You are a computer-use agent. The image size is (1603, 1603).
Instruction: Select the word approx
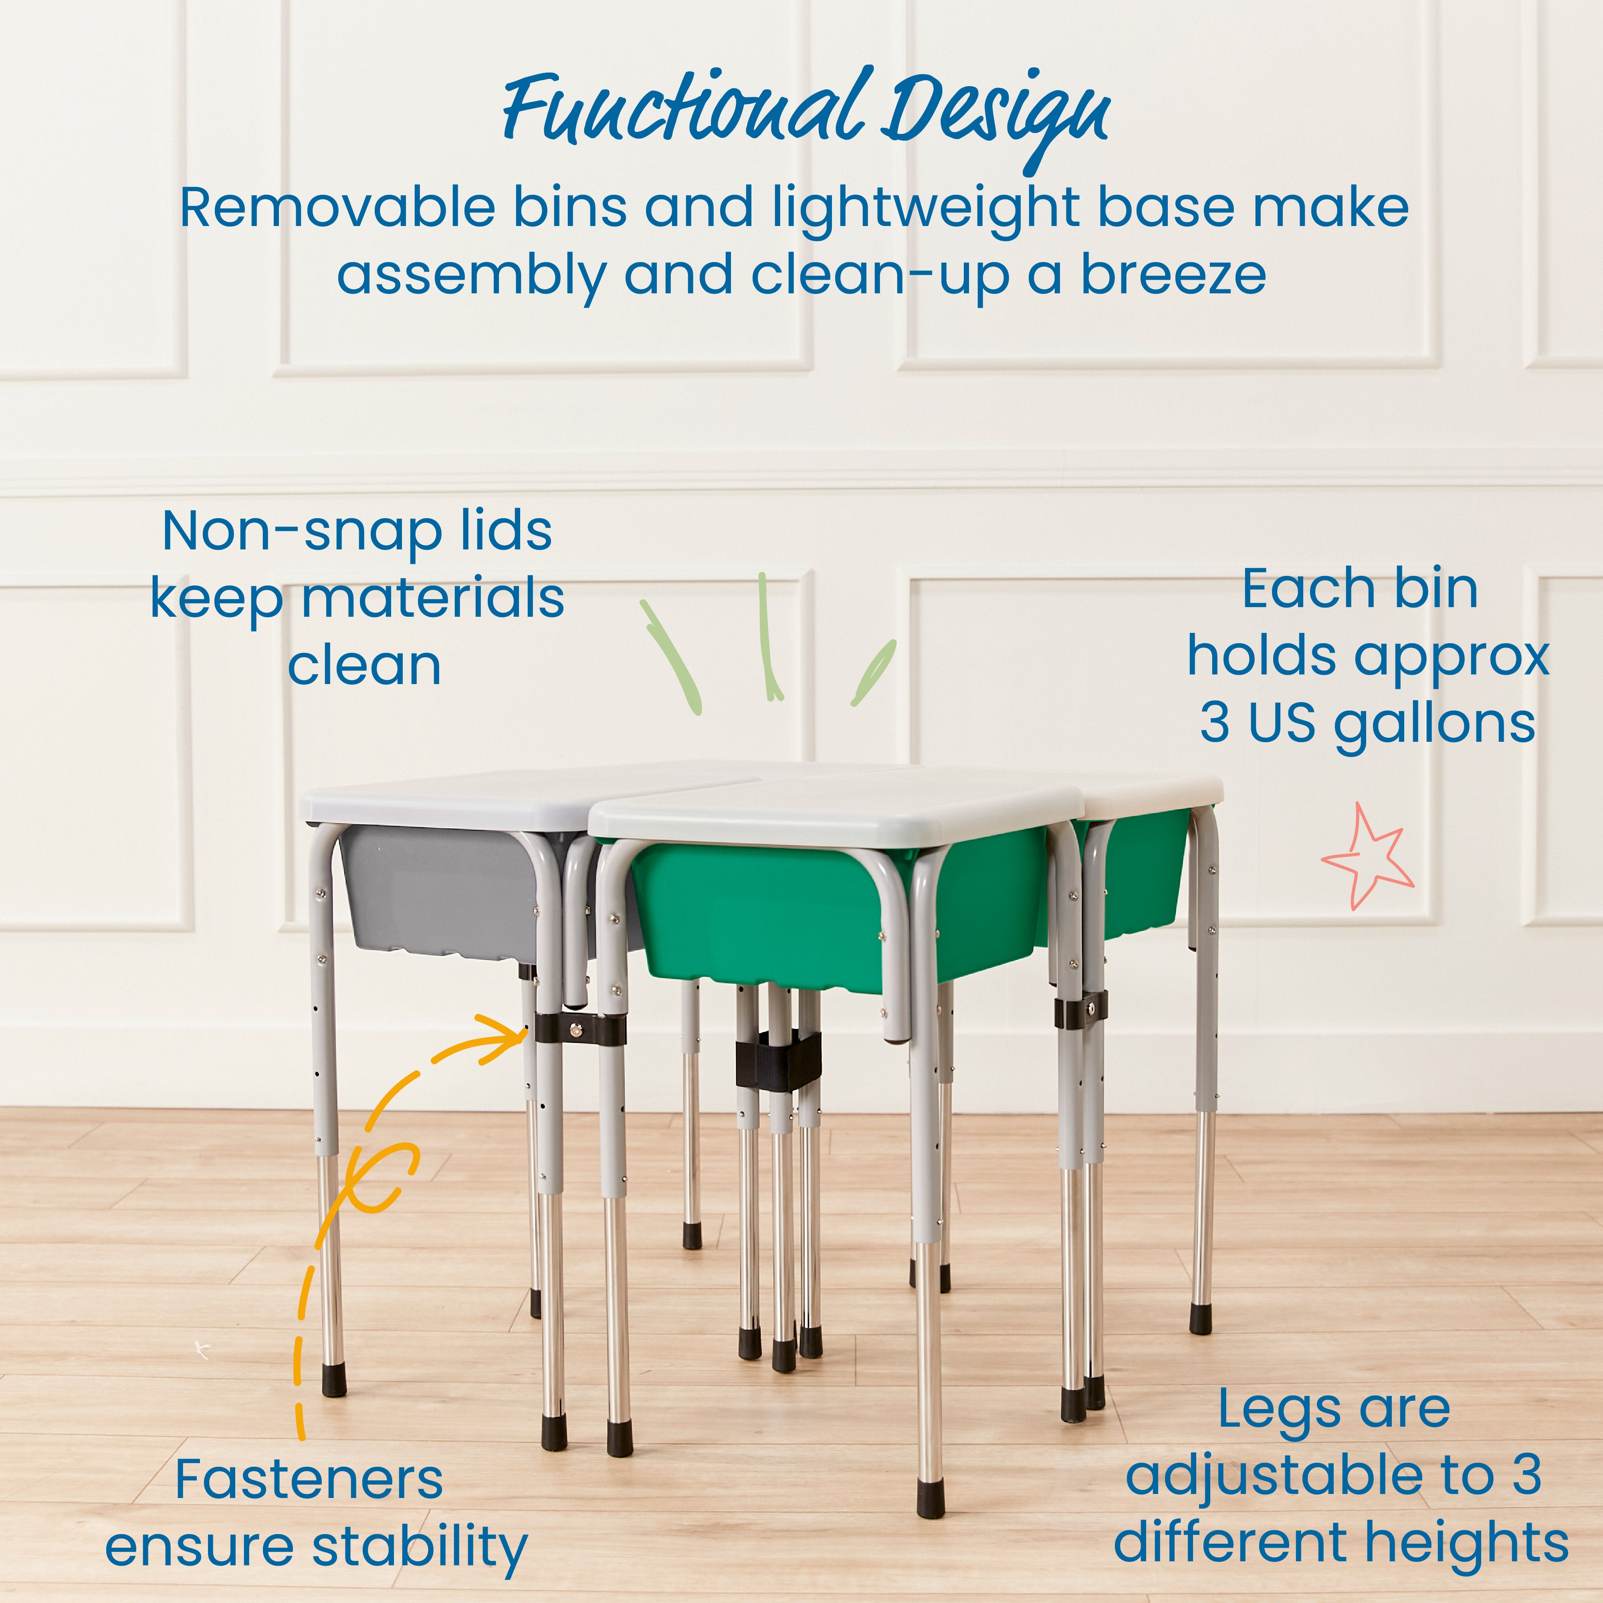(x=1452, y=657)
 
